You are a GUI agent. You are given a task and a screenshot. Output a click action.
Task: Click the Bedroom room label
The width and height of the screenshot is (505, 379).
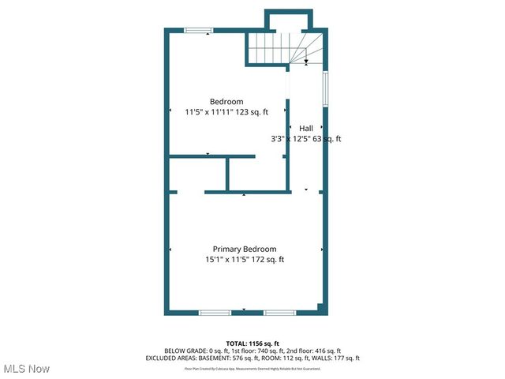pos(226,101)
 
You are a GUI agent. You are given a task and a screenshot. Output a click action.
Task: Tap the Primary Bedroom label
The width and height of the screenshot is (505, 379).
pos(244,249)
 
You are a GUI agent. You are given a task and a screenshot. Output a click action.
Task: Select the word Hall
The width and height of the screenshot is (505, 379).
pos(305,128)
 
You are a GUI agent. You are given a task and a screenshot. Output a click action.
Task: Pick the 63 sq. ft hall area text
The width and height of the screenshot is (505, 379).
pos(327,139)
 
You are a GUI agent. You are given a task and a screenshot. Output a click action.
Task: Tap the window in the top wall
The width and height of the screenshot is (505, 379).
pos(198,31)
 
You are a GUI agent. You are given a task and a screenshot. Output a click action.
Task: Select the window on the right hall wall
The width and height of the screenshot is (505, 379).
pos(325,89)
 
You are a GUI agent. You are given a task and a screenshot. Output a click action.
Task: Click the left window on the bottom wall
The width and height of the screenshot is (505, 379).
pos(215,313)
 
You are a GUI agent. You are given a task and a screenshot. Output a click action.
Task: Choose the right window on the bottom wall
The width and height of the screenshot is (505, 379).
pos(279,313)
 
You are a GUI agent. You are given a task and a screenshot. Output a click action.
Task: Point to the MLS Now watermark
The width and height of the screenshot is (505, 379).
pos(26,369)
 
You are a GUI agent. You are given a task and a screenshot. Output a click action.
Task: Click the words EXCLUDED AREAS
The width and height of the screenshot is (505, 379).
pos(173,358)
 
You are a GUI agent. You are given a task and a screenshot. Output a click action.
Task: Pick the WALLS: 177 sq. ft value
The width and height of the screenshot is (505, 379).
pos(335,358)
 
